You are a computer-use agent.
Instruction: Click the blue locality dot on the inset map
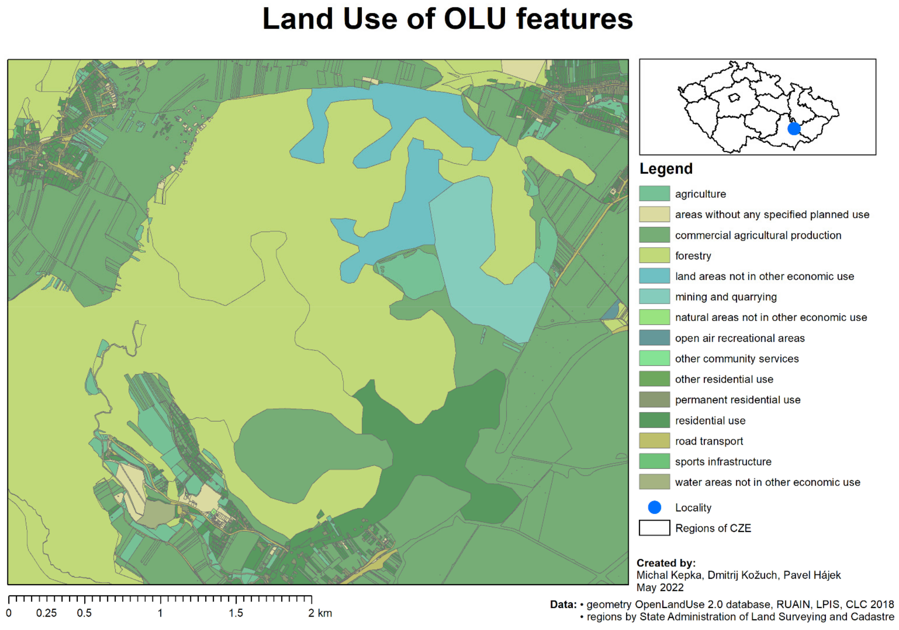[794, 128]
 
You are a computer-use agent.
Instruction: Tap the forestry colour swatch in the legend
[654, 255]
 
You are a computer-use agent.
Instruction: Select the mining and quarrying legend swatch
[654, 296]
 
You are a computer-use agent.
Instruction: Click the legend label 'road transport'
[709, 441]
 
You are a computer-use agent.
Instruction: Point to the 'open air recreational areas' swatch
[654, 337]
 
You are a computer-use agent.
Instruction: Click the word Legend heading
[666, 169]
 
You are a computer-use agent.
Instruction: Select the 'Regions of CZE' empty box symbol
[654, 528]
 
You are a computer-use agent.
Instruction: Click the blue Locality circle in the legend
[654, 508]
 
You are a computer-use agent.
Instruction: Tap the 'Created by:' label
[666, 563]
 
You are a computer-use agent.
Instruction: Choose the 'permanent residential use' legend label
[738, 400]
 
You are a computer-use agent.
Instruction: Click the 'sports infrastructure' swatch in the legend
[654, 461]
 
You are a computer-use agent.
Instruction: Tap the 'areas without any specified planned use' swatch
[654, 214]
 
